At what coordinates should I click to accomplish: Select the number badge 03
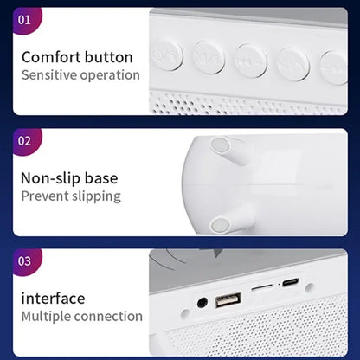25,260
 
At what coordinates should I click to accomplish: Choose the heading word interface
55,299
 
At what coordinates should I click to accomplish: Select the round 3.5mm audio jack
202,303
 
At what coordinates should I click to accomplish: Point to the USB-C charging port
290,282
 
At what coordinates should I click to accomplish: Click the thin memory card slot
260,283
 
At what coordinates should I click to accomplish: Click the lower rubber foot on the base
220,224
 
